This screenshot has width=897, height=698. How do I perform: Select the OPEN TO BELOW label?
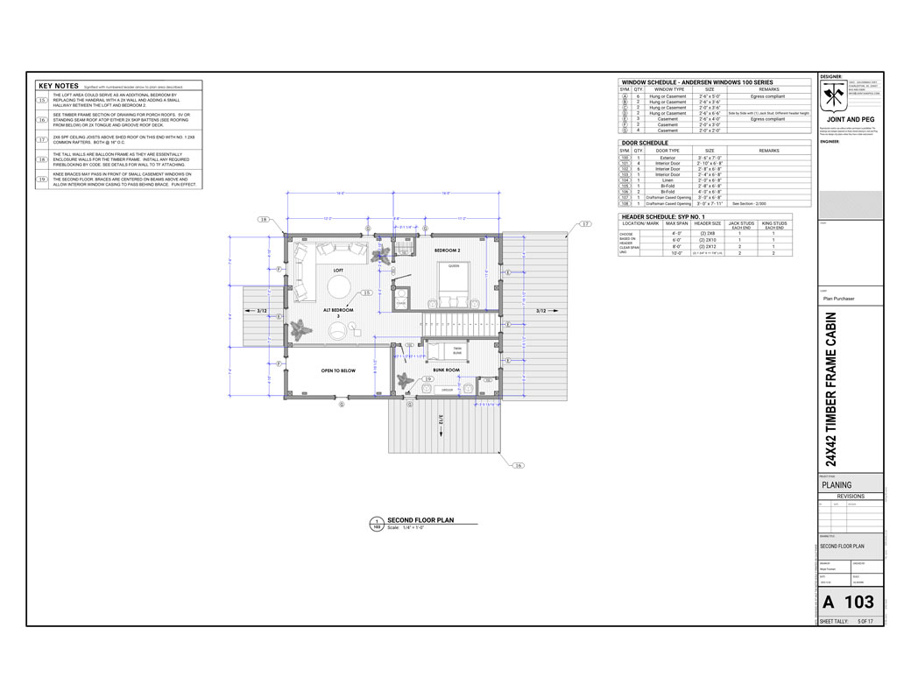click(x=338, y=370)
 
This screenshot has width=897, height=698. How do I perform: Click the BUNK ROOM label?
click(x=446, y=370)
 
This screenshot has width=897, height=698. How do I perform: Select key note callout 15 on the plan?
click(x=367, y=293)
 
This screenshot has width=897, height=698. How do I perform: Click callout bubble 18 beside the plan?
click(x=262, y=219)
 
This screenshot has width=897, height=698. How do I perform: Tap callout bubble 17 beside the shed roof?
click(x=586, y=225)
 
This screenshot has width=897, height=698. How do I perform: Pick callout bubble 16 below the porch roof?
click(x=518, y=465)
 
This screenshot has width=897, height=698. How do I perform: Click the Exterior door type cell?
click(x=667, y=158)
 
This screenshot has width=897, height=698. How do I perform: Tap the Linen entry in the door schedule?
click(x=667, y=180)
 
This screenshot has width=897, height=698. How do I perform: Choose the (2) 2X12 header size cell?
click(x=708, y=247)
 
